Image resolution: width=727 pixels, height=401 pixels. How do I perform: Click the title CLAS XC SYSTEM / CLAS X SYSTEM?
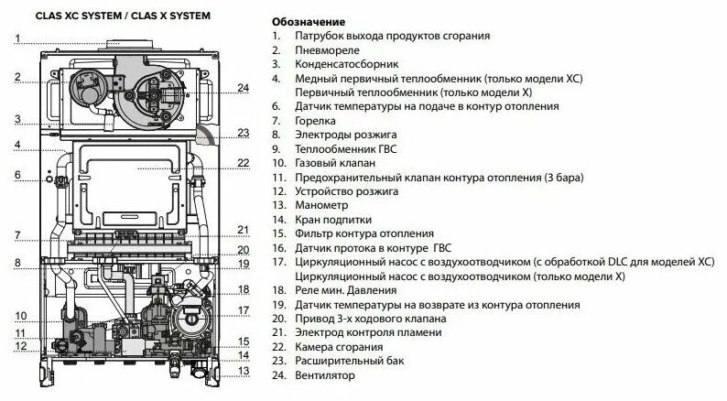point(109,16)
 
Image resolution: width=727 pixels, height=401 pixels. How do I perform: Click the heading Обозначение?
point(309,21)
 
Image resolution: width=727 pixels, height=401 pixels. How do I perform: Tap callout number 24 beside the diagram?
point(243,88)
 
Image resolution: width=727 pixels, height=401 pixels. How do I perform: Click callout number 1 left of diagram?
point(16,38)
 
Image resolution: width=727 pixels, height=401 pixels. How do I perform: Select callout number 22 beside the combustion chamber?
point(243,163)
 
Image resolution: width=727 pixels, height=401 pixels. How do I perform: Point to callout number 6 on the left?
point(16,174)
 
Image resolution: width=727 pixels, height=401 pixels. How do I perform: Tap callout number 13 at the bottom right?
point(244,371)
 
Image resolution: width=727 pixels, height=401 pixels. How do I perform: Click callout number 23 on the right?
point(243,133)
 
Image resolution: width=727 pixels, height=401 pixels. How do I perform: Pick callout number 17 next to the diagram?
point(244,310)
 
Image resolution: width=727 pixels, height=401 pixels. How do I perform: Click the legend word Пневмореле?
point(327,50)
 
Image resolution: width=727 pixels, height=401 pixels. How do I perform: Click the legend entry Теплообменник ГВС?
point(343,149)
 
